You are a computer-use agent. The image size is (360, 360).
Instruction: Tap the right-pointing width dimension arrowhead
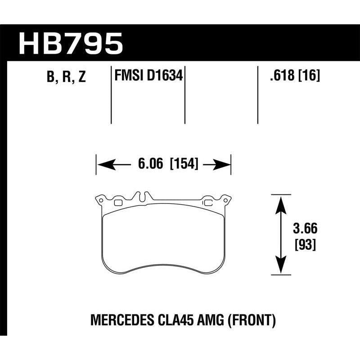point(222,165)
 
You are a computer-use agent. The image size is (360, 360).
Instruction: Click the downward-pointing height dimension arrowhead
point(280,266)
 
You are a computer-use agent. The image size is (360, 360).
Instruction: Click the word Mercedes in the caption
point(118,321)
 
